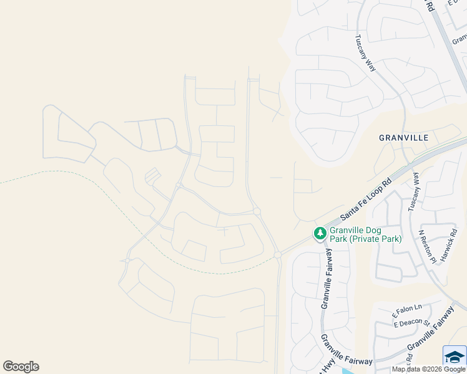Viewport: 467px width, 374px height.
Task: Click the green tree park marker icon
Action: (320, 233)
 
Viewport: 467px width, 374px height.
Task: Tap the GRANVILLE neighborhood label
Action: (403, 137)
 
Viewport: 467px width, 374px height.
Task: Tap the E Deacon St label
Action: (411, 323)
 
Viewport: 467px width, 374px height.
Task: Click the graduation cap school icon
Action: (455, 357)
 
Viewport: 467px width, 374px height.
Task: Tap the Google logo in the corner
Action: (21, 367)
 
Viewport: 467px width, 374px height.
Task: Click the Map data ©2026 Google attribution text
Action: (428, 369)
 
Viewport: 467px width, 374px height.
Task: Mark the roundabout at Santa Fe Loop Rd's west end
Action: (277, 254)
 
